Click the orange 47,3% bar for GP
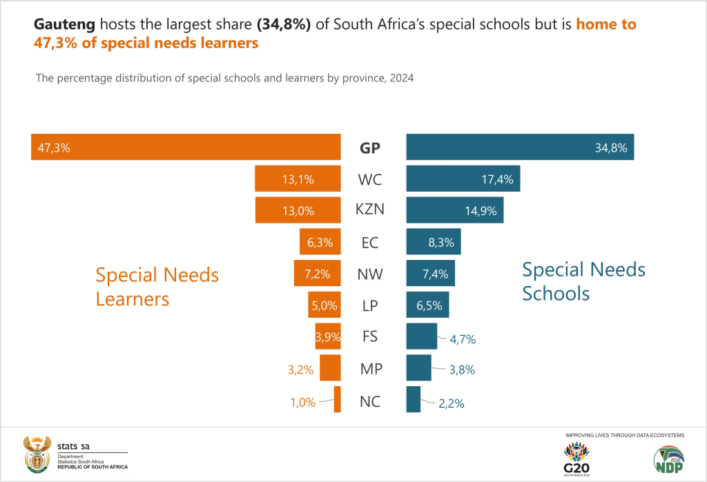pos(186,147)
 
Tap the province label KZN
pos(370,210)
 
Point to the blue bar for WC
pos(463,179)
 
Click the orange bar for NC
pos(338,400)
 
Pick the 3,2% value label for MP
pos(301,370)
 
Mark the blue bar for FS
pos(421,337)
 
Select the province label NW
pos(370,274)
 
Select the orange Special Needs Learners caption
pos(157,287)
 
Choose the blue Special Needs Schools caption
pos(583,281)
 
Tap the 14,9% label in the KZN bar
pos(481,211)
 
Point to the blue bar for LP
pos(427,305)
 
